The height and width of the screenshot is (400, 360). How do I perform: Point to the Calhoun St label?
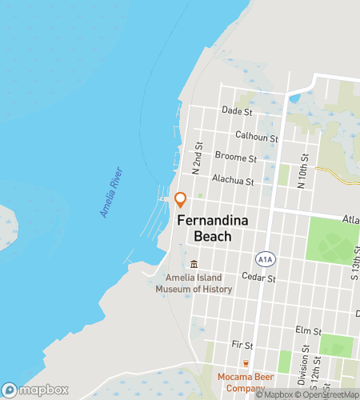(x=256, y=137)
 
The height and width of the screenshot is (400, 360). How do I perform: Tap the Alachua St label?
(x=233, y=181)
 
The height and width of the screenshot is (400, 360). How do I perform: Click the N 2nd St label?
(x=197, y=158)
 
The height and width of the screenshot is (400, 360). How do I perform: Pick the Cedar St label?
(x=261, y=278)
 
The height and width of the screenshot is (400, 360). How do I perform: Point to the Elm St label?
(x=308, y=330)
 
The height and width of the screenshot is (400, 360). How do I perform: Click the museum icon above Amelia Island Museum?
(x=194, y=265)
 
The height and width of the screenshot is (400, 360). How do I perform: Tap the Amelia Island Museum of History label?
(x=194, y=283)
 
